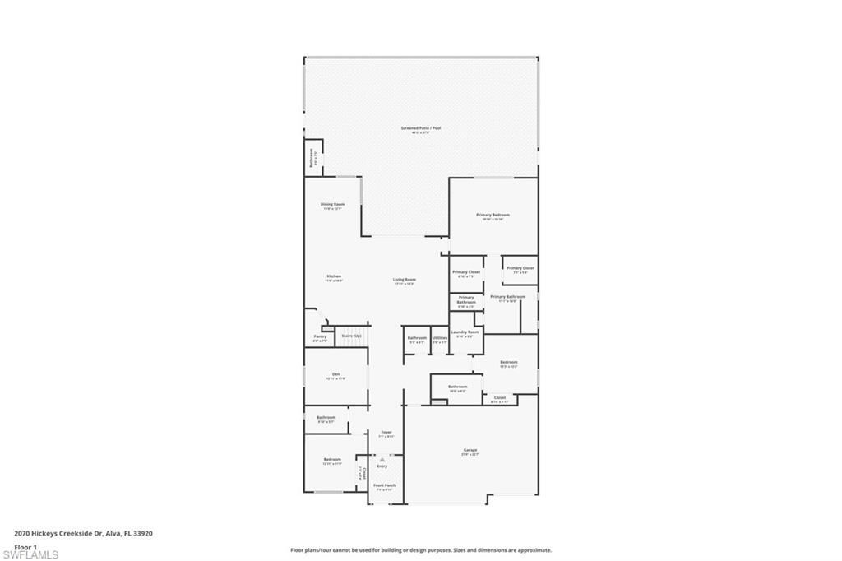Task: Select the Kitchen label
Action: tap(333, 277)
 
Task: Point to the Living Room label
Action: tap(404, 281)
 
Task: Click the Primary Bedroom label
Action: tap(493, 216)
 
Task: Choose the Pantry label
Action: tap(320, 337)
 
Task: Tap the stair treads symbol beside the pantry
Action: tap(351, 336)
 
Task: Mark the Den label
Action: tap(335, 376)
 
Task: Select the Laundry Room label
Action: tap(465, 333)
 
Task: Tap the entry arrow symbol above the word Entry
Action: tap(382, 458)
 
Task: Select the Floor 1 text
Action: tap(25, 546)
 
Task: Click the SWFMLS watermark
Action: tap(30, 554)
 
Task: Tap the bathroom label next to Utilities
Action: tap(417, 339)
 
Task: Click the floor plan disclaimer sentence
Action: tap(420, 550)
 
